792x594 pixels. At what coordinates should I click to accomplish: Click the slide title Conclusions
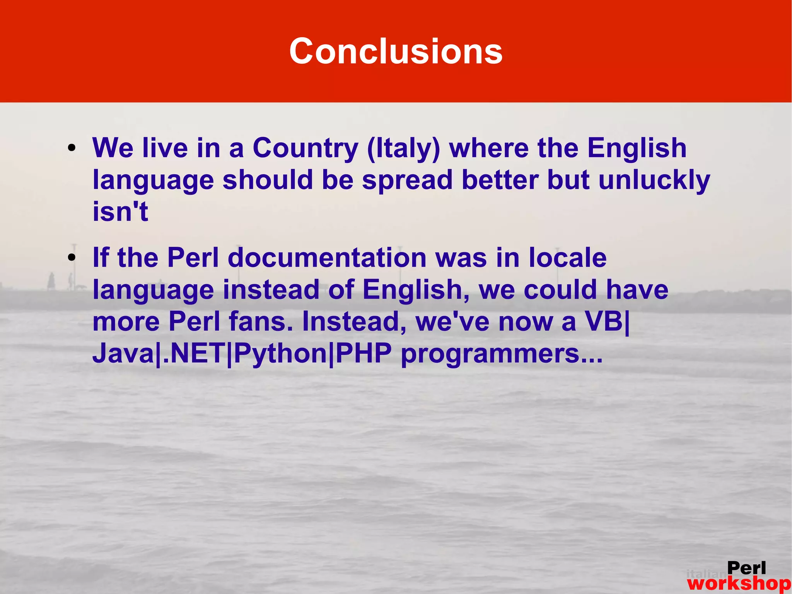tap(396, 51)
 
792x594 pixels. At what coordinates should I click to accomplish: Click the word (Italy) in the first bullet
tap(403, 148)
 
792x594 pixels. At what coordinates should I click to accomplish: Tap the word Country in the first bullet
tap(305, 148)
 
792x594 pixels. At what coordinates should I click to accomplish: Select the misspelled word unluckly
tap(654, 180)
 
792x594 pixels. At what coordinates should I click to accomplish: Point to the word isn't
tap(120, 212)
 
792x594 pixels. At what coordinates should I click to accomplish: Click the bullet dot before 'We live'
tap(71, 149)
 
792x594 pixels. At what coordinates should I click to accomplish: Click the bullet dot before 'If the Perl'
tap(71, 258)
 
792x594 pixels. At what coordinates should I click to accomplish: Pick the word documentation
tap(327, 258)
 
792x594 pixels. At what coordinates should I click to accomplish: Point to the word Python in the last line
tap(281, 353)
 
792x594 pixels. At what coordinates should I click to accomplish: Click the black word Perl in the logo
tap(746, 568)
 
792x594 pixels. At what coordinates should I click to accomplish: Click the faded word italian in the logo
tap(706, 574)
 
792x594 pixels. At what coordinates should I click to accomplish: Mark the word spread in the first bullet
tap(407, 180)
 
